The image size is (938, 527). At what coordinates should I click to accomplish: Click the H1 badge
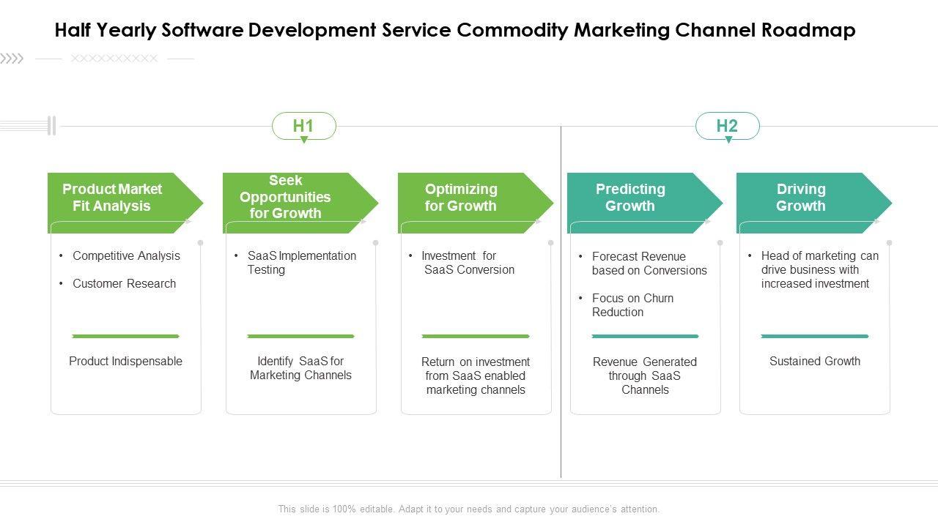tap(303, 126)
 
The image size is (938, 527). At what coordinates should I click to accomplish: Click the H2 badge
tap(727, 126)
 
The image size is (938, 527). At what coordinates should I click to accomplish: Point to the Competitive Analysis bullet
tap(126, 255)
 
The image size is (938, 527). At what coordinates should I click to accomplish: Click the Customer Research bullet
tap(124, 283)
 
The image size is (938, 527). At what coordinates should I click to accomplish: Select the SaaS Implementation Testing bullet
tap(301, 263)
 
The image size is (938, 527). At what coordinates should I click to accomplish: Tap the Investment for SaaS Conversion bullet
tap(468, 263)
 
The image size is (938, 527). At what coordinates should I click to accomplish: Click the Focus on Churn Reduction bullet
tap(632, 305)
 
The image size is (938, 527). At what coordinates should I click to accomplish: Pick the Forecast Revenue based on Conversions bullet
tap(649, 263)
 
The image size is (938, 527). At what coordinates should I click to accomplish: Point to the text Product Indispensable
tap(125, 361)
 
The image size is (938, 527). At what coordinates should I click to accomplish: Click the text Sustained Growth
tap(815, 361)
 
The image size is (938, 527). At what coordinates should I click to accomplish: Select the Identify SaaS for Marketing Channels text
tap(300, 368)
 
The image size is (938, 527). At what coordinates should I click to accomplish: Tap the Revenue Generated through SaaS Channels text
tap(645, 375)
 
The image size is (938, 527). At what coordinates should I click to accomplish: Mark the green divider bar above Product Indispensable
tap(125, 336)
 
